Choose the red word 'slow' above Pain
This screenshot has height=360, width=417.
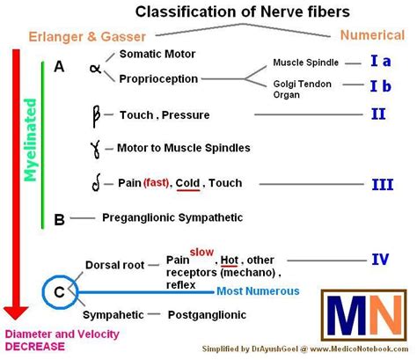point(202,252)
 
